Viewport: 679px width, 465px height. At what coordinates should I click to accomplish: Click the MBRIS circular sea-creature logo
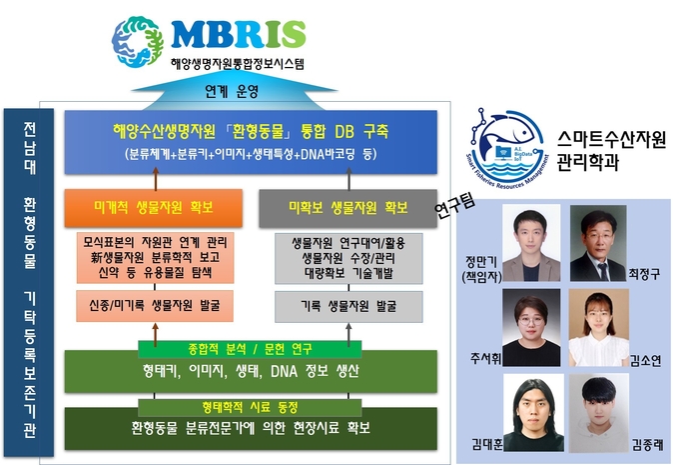[x=137, y=42]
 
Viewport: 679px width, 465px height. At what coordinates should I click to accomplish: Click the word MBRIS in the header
[x=239, y=34]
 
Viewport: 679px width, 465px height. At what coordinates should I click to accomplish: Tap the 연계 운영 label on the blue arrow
[x=232, y=91]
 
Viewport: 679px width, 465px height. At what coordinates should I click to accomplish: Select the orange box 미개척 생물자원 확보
[x=154, y=208]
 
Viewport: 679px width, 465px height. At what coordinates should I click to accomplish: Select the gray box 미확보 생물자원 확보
[x=347, y=208]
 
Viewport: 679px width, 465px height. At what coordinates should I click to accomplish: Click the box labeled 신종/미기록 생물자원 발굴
[x=155, y=306]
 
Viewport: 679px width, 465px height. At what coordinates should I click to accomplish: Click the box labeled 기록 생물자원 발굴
[x=348, y=306]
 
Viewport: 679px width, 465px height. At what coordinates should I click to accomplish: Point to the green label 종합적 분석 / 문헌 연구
[x=250, y=349]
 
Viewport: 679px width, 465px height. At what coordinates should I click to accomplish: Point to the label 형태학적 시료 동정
[x=250, y=407]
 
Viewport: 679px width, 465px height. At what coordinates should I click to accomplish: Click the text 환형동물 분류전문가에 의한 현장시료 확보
[x=251, y=428]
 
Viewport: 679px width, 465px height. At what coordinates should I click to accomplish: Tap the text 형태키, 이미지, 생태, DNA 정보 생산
[x=251, y=371]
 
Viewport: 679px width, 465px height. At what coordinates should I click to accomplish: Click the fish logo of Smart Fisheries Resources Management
[x=507, y=148]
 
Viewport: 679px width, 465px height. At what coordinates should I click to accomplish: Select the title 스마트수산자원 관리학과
[x=611, y=150]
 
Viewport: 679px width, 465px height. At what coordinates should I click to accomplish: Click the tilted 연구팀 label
[x=454, y=206]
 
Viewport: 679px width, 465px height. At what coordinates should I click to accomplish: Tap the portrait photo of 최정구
[x=598, y=243]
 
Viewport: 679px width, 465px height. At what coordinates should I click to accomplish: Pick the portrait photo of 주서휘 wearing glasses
[x=531, y=327]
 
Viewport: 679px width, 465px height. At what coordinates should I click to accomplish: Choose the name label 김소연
[x=645, y=360]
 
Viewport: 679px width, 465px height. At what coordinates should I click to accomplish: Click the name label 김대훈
[x=487, y=444]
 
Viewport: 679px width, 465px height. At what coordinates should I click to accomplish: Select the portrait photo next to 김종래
[x=599, y=413]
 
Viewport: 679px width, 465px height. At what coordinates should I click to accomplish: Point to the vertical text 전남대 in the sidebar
[x=29, y=148]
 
